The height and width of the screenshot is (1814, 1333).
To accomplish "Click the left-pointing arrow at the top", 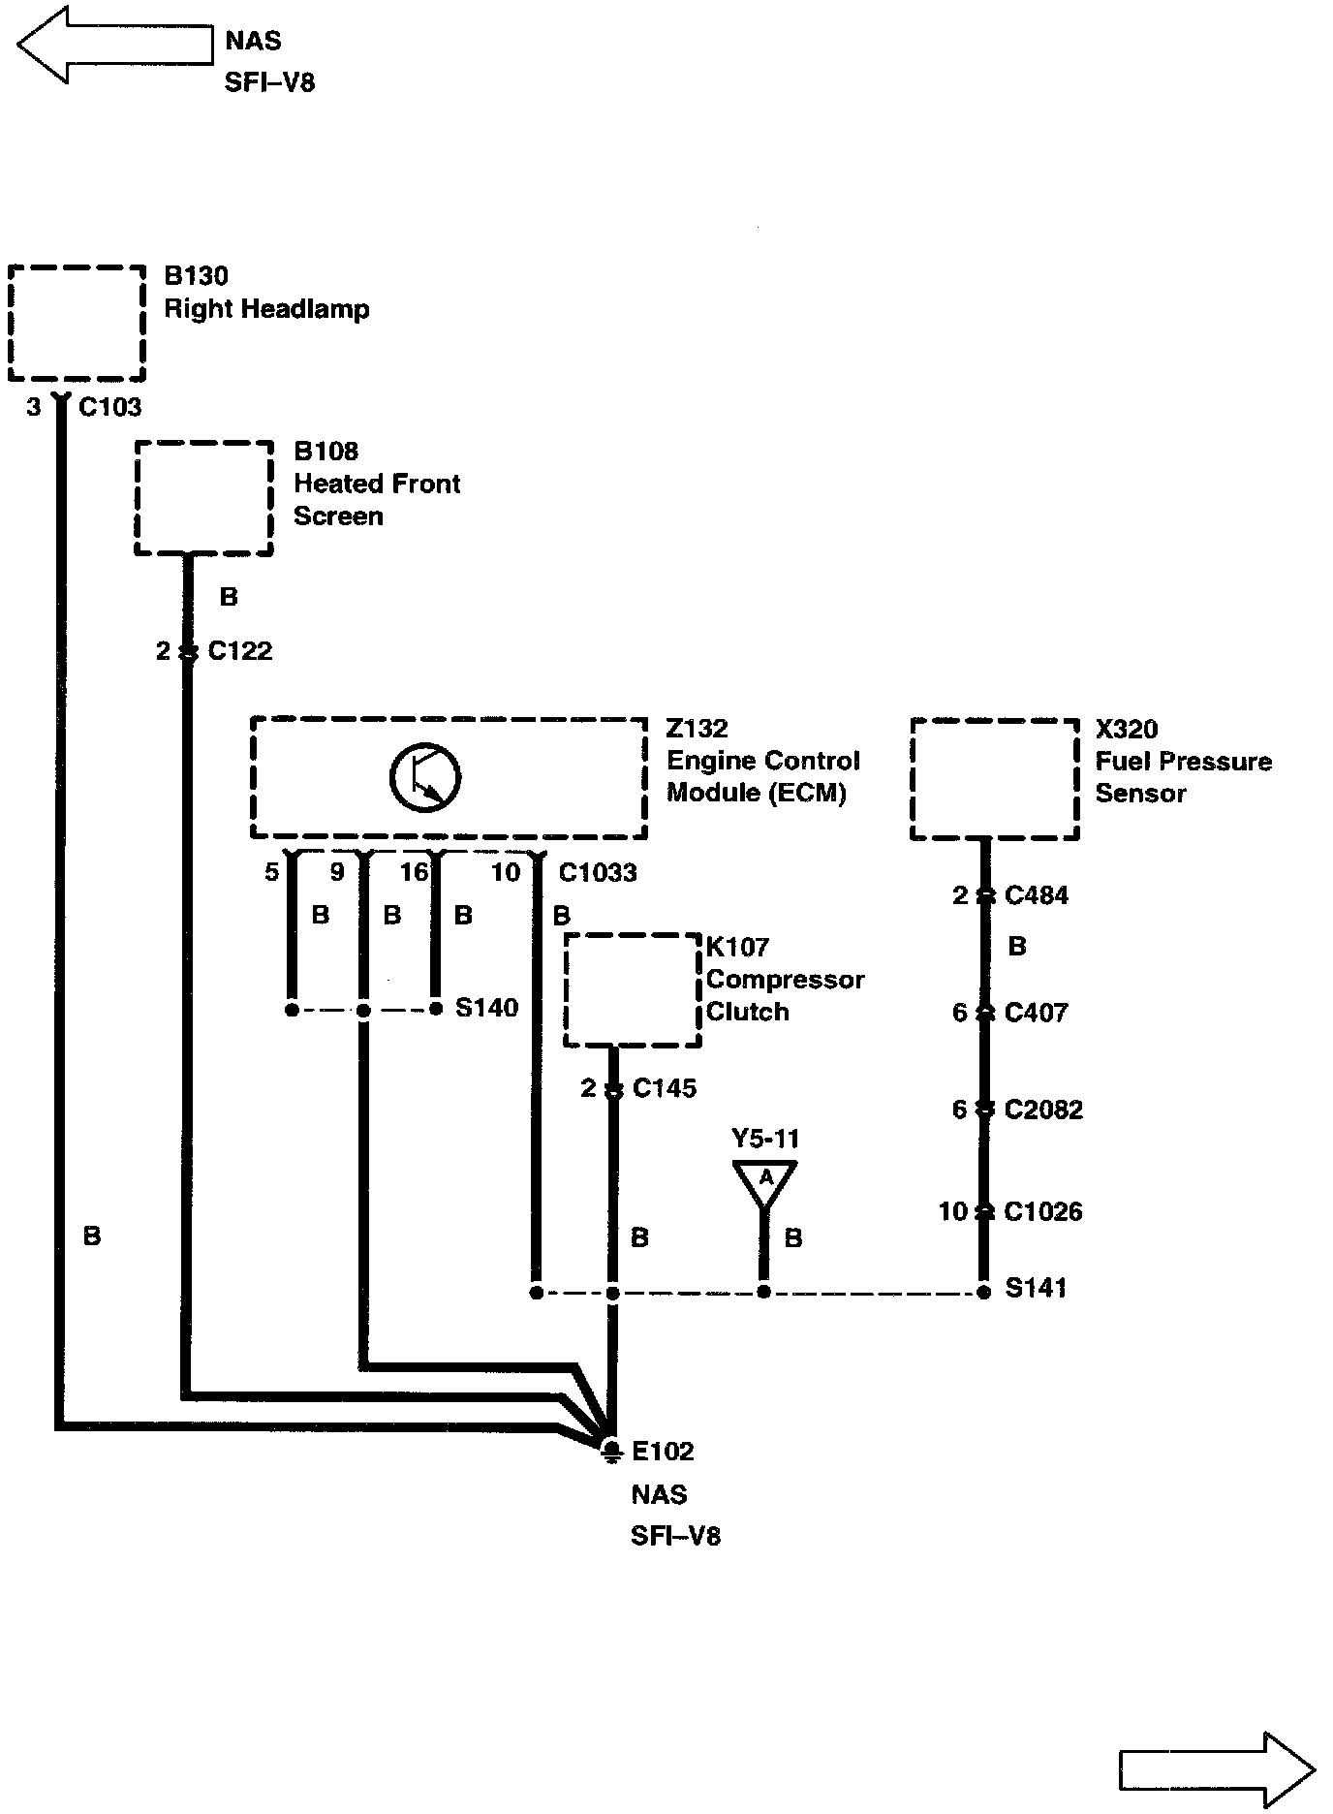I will coord(114,45).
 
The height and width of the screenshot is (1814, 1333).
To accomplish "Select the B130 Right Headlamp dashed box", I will coord(77,322).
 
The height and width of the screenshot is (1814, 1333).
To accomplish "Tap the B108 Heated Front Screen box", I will coord(203,498).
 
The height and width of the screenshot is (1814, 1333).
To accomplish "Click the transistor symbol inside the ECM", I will coord(424,777).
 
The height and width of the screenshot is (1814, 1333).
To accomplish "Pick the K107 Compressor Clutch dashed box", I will coord(633,989).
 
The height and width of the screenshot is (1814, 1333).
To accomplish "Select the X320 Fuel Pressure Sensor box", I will coord(995,779).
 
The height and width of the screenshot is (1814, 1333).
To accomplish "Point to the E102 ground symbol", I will coord(611,1450).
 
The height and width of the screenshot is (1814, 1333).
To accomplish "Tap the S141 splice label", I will coord(1036,1288).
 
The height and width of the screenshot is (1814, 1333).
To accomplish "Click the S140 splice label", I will coord(486,1008).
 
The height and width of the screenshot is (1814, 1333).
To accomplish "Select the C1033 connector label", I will coord(598,873).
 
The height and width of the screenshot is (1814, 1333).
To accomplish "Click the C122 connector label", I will coord(240,651).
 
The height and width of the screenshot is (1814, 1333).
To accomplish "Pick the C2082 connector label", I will coord(1043,1110).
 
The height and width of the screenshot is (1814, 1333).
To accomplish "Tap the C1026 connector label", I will coord(1043,1211).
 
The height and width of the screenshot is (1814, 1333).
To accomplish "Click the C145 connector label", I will coord(665,1089).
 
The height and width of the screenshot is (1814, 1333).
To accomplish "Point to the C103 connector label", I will coord(109,407).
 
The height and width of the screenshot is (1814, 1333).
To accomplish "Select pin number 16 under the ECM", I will coord(414,872).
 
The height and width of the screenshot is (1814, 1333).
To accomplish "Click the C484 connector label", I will coord(1037,895).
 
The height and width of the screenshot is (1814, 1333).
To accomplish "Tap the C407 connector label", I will coord(1037,1013).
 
